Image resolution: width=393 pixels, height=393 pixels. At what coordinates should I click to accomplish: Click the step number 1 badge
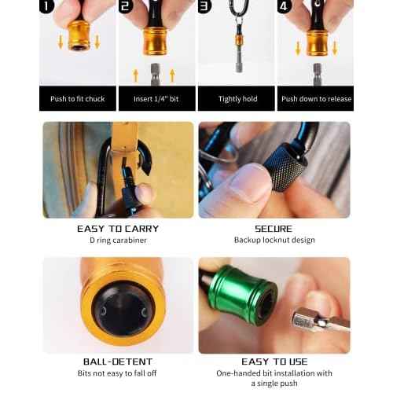tap(50, 6)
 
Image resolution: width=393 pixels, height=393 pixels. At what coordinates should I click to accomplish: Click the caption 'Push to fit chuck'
tap(78, 99)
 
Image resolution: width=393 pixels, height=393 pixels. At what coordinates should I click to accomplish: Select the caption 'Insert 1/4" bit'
tap(156, 99)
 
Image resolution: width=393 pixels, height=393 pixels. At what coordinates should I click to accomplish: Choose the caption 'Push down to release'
tap(316, 99)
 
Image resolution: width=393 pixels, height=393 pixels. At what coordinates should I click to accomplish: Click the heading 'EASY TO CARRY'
tap(118, 229)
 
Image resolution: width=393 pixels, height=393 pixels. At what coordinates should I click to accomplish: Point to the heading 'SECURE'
tap(274, 229)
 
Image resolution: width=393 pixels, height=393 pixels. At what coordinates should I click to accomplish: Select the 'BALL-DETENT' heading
tap(118, 362)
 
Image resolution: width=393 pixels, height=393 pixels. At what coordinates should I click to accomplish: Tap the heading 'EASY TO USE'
tap(274, 362)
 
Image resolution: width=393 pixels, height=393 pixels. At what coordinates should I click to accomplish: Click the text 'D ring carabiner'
tap(118, 240)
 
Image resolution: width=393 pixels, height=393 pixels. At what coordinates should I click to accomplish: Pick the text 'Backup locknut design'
tap(274, 240)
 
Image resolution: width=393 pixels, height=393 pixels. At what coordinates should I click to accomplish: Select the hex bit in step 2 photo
tap(156, 72)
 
